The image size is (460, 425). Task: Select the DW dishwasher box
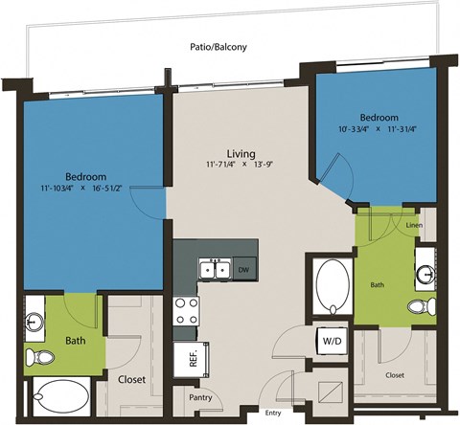244,271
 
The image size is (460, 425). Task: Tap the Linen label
413,226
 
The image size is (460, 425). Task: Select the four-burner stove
185,310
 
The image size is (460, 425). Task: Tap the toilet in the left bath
41,357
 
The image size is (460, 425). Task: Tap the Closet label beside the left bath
131,379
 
